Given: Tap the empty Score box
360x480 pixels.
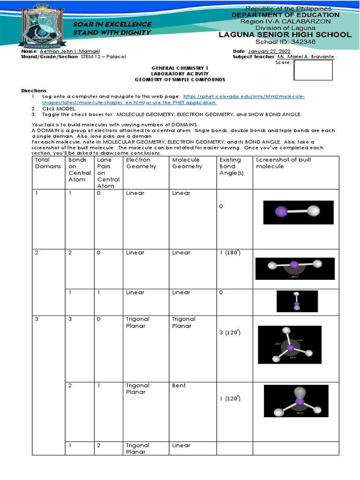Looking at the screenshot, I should coord(313,70).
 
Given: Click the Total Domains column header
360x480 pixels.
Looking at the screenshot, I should coord(48,163).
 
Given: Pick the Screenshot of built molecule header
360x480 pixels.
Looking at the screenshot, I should coord(283,163).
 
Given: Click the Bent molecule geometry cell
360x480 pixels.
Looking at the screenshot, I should coord(179,385).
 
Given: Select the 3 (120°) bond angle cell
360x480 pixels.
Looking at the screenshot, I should coord(230,332).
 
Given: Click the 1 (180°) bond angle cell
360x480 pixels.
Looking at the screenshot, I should coord(230,253).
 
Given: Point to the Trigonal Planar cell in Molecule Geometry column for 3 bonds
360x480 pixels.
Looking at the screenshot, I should coord(184,322).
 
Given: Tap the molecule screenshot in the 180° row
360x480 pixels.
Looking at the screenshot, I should coord(295,269).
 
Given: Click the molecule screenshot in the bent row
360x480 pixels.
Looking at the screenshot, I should coord(296,401).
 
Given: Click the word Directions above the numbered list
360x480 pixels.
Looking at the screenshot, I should coord(34,90).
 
